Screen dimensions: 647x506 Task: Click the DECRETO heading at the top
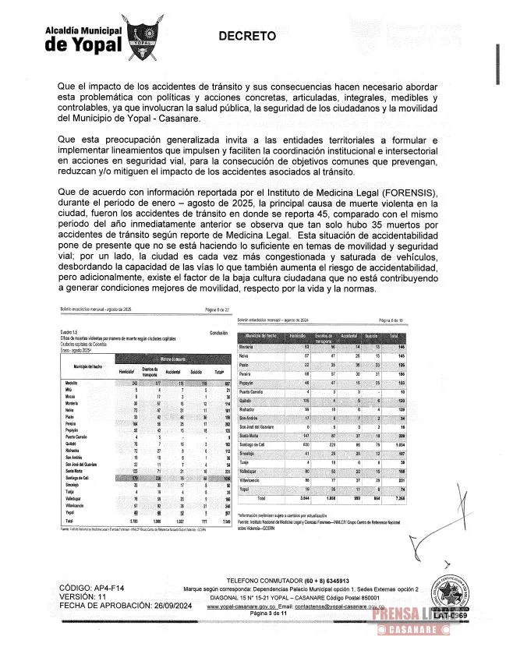point(246,36)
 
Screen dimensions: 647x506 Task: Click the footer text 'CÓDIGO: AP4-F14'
point(94,607)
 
